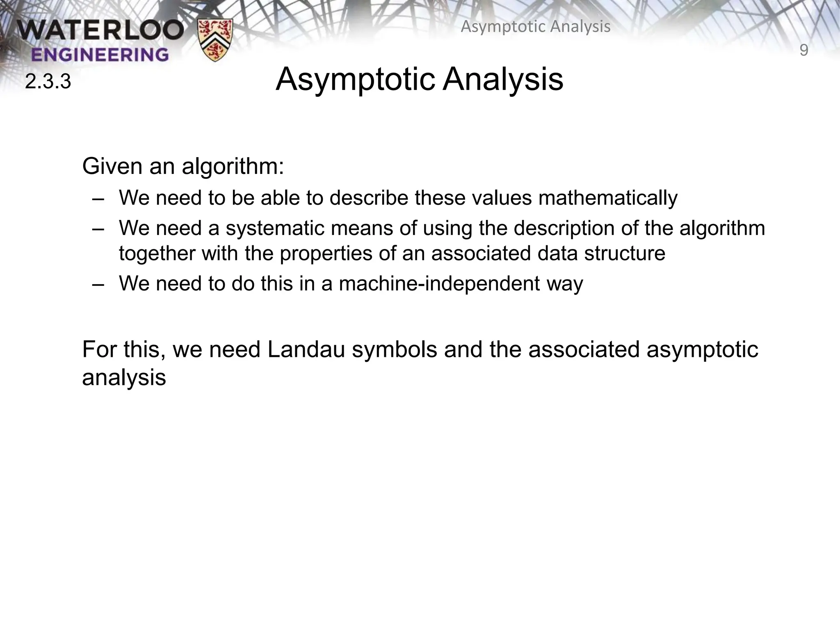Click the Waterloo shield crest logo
coord(215,40)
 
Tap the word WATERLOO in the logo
coord(100,31)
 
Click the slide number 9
coord(804,50)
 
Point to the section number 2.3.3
coord(48,82)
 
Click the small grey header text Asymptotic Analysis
coord(536,27)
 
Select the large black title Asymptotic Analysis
coord(419,79)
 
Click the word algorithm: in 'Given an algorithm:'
coord(233,167)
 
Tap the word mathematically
coord(608,198)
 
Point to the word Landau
coord(306,350)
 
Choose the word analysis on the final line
coord(124,377)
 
